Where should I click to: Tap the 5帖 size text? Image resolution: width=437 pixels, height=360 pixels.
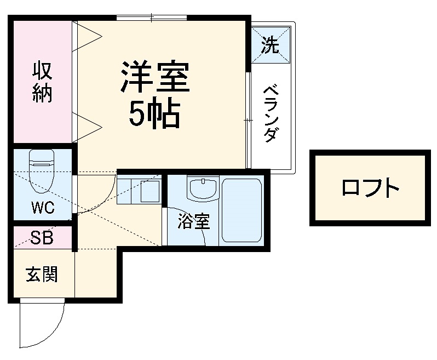155,113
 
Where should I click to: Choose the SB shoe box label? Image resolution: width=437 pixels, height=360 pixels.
42,238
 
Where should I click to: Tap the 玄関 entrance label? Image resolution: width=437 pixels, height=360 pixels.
42,274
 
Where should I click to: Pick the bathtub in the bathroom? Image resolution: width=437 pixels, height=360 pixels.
242,211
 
